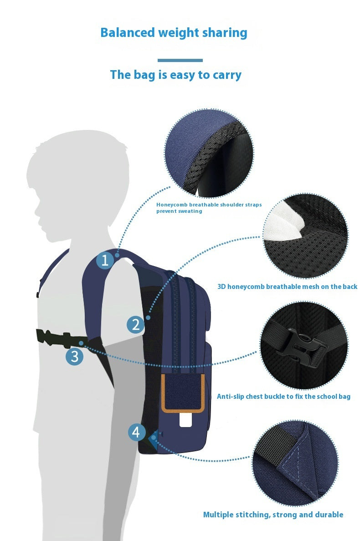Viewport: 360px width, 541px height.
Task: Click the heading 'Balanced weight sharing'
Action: (174, 33)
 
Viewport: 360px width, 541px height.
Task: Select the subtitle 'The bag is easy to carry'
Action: (175, 75)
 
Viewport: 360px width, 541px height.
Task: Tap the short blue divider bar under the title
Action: (180, 60)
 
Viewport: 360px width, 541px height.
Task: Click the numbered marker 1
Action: (105, 260)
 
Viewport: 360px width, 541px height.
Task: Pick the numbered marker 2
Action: (136, 325)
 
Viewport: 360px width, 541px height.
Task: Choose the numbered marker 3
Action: (75, 356)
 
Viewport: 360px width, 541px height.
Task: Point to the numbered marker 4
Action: (136, 432)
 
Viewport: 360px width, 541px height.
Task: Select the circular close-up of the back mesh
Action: (305, 236)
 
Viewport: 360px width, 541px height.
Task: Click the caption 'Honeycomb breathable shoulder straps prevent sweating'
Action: (209, 208)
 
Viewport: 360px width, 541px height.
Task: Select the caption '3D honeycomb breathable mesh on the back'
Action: (287, 287)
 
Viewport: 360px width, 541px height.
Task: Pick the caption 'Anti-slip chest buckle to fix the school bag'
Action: (283, 397)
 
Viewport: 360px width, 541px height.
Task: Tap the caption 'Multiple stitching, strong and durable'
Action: (273, 515)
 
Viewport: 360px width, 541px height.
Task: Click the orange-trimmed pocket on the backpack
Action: (182, 393)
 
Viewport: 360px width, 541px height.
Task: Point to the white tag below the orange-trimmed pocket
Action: (185, 420)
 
